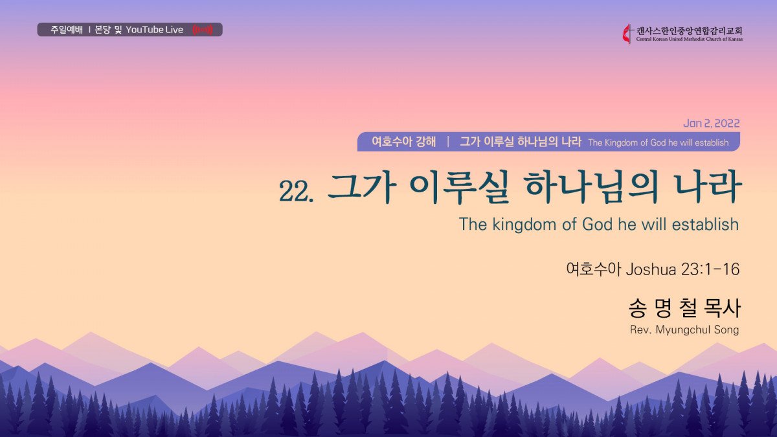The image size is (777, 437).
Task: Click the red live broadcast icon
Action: [x=203, y=30]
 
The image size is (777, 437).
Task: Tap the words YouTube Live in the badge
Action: [x=154, y=30]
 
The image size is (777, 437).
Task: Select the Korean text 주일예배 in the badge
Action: [x=67, y=30]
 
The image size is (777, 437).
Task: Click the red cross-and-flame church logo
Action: [x=627, y=34]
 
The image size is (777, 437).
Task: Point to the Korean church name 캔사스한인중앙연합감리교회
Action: [x=689, y=30]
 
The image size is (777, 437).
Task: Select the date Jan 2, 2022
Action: [x=712, y=123]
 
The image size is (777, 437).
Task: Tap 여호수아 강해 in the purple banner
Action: [x=404, y=142]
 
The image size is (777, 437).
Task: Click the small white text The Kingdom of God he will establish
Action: [x=659, y=142]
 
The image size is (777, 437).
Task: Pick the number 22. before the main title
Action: [x=297, y=191]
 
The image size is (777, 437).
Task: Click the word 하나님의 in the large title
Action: [x=591, y=188]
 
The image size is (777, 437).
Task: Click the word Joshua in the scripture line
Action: [x=651, y=269]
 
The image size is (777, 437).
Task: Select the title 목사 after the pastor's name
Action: [x=723, y=308]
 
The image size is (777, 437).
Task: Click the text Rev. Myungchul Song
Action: [x=684, y=330]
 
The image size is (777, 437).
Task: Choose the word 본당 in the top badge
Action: [x=102, y=30]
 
